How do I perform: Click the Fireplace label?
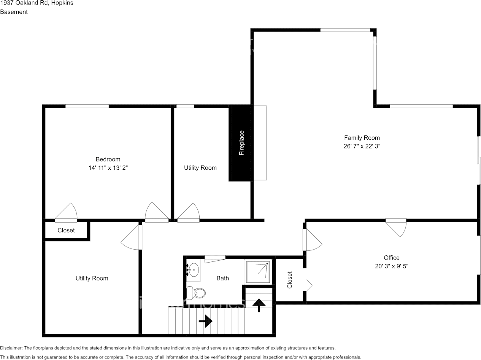[241, 143]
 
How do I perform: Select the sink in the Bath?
[194, 270]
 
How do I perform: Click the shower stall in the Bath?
[258, 272]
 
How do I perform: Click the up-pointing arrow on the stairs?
[259, 304]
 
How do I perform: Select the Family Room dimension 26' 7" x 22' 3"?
[362, 146]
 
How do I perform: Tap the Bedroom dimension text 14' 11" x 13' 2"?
[108, 167]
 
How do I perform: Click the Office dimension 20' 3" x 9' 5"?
[391, 266]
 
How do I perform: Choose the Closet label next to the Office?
[290, 280]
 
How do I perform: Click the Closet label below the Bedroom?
[66, 230]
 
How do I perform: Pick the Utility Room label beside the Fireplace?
[200, 168]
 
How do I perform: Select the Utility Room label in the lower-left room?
[92, 279]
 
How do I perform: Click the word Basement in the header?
[14, 12]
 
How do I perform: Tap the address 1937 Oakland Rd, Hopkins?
[37, 3]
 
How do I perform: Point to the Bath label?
[222, 278]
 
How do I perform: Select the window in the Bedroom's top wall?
[87, 106]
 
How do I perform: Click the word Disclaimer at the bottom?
[11, 348]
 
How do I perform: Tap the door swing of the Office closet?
[308, 285]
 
